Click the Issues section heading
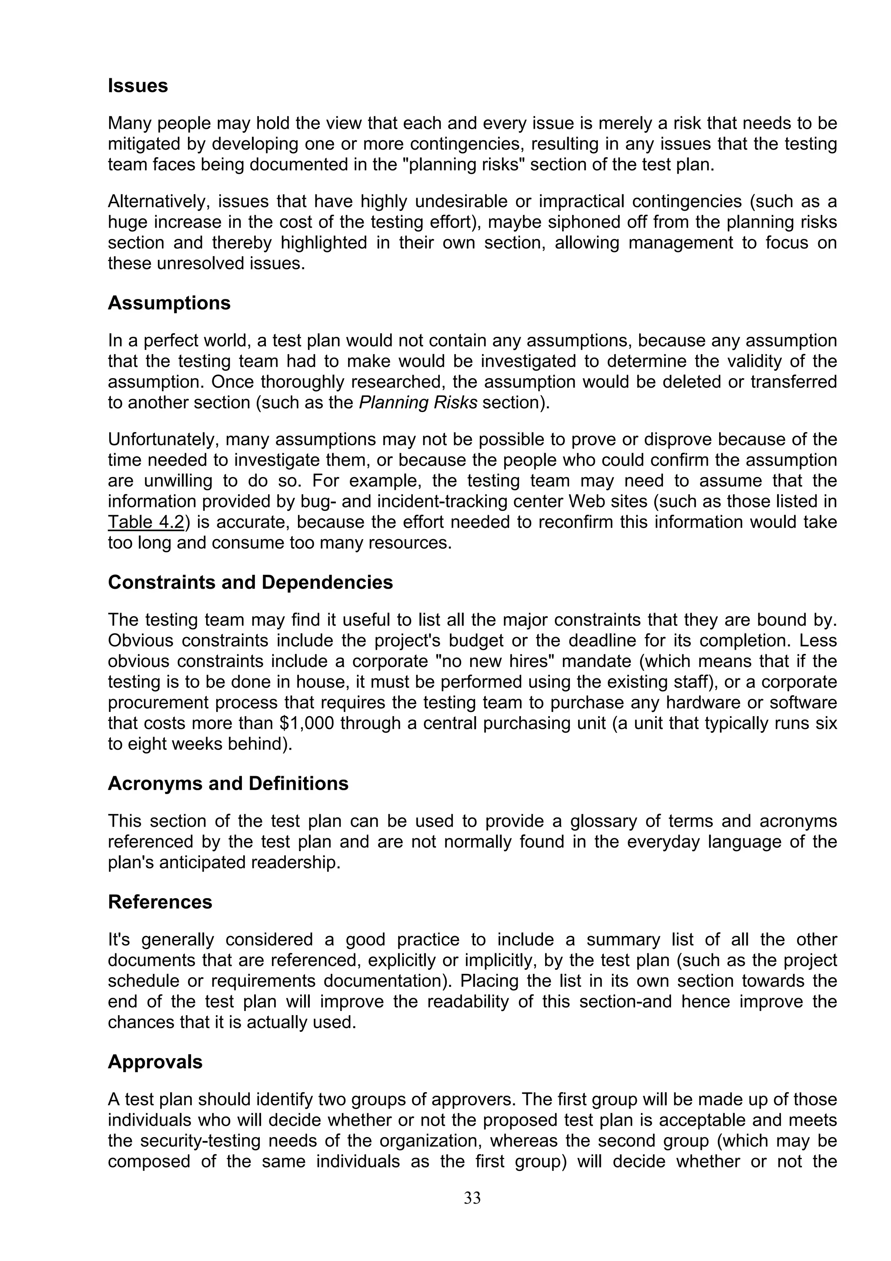tap(138, 86)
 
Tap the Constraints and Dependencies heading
tap(250, 582)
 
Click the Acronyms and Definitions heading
tap(228, 783)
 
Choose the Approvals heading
tap(155, 1062)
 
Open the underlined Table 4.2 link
tap(145, 522)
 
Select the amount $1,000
tap(306, 723)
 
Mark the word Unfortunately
tap(162, 439)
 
